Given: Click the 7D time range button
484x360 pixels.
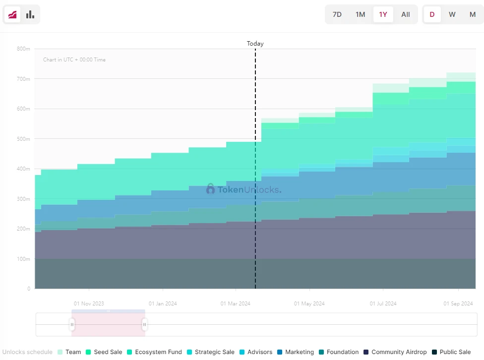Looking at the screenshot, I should coord(337,14).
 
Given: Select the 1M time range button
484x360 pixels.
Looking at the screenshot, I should coord(361,14).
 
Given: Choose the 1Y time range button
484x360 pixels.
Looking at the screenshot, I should coord(383,14).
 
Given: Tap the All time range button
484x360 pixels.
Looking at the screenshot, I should coord(406,14).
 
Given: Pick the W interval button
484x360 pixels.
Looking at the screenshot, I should coord(452,14).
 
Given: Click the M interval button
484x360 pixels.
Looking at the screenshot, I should coord(473,14).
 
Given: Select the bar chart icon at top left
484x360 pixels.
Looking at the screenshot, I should coord(30,14).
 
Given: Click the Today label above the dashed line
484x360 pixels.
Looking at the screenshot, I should coord(255,44).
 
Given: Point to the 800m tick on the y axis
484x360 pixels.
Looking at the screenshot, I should coord(23,49).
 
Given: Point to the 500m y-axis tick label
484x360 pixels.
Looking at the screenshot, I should coord(23,139).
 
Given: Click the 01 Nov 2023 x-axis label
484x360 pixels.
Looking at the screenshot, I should coord(89,303).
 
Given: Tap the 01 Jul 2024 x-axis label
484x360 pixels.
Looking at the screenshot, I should coord(383,303).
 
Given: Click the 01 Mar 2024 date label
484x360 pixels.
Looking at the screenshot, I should coord(236,303).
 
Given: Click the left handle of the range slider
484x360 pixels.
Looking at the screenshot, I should coord(72,325).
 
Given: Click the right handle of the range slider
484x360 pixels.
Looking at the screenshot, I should coord(145,325).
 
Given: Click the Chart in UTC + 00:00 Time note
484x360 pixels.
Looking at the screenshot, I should coord(74,60).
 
